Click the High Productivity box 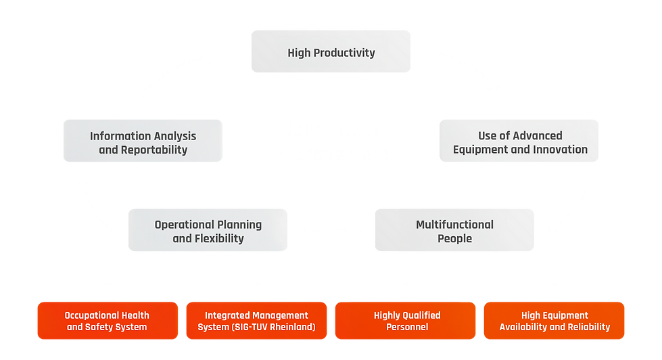point(331,51)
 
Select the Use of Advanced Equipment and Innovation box point(519,142)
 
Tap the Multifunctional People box point(454,231)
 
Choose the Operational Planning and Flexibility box point(208,231)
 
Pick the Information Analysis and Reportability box point(143,142)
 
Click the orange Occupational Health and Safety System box point(107,321)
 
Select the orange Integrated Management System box point(256,321)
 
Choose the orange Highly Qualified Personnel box point(406,321)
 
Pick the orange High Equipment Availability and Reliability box point(554,321)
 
